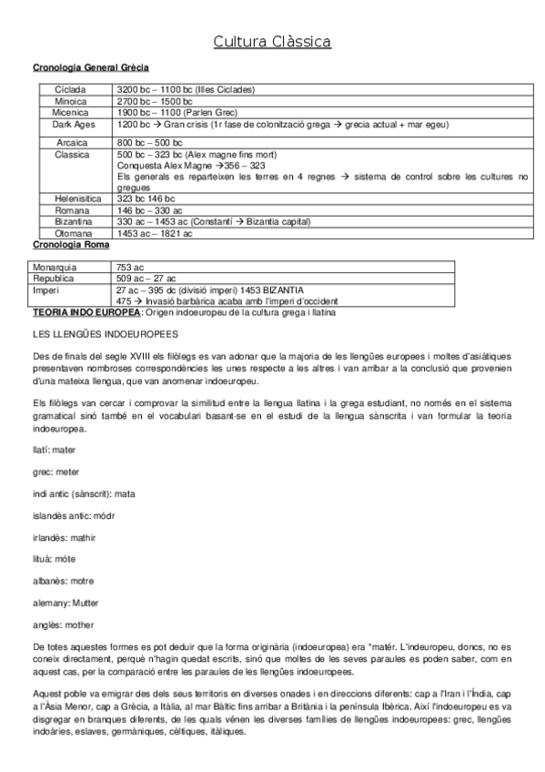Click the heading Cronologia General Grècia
91,67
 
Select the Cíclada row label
71,89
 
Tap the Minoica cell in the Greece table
71,101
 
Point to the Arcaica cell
71,143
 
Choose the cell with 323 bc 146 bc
146,198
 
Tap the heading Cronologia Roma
71,244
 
